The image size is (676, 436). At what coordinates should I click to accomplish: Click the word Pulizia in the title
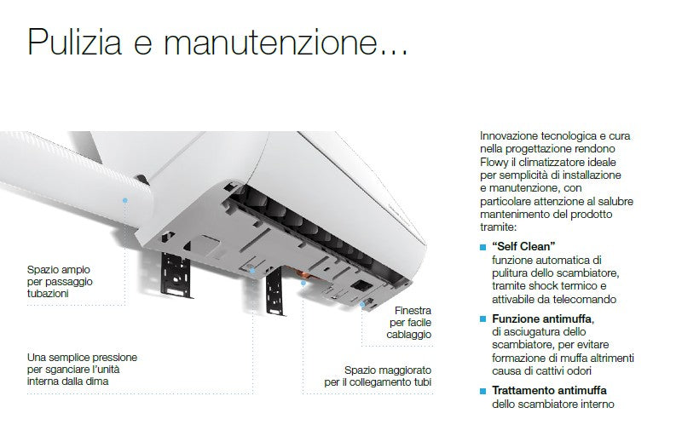click(74, 42)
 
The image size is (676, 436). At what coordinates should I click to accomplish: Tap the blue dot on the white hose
click(125, 200)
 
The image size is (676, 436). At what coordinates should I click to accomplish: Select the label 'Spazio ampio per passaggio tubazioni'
click(60, 281)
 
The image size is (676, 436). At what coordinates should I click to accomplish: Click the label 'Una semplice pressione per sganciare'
click(82, 370)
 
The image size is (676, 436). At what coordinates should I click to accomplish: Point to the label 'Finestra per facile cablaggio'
click(409, 322)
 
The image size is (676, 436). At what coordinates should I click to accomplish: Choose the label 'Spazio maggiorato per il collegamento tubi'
click(378, 376)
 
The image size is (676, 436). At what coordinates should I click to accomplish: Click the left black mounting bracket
click(176, 274)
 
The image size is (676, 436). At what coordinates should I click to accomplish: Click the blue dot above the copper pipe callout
click(303, 283)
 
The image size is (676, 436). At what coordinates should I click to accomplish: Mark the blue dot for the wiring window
click(362, 304)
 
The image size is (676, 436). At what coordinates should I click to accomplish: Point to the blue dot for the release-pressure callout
click(252, 271)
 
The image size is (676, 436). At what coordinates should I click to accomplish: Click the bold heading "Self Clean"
click(523, 246)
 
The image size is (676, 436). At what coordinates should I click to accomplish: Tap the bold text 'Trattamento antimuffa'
click(549, 390)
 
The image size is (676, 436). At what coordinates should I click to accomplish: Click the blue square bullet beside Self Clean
click(482, 247)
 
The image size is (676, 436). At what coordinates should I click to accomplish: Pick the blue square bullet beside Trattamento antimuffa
click(482, 391)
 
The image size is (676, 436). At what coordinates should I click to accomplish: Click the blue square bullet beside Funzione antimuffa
click(482, 319)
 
